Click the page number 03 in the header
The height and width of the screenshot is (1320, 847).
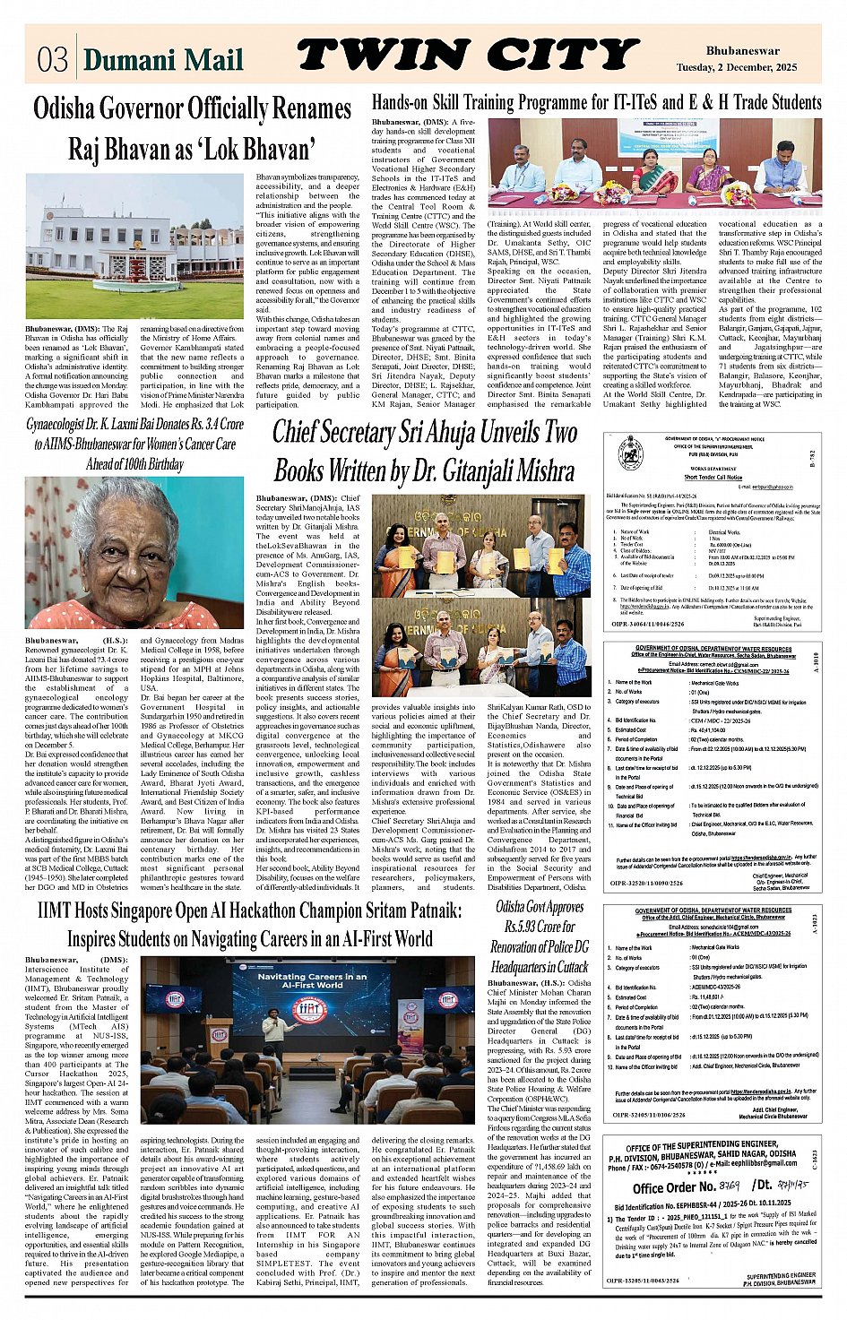pyautogui.click(x=52, y=59)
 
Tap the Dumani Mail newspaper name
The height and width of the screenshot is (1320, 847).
pyautogui.click(x=163, y=59)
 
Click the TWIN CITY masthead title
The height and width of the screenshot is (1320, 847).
pyautogui.click(x=467, y=56)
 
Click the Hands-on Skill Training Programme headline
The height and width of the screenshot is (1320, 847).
pyautogui.click(x=596, y=102)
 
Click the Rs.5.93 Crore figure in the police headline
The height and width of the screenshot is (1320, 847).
pyautogui.click(x=540, y=927)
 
